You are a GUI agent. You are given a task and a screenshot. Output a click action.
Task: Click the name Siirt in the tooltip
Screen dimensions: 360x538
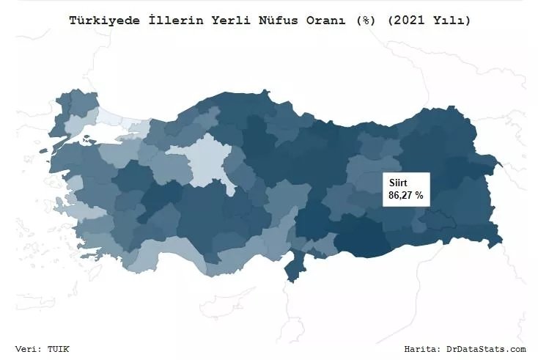point(398,183)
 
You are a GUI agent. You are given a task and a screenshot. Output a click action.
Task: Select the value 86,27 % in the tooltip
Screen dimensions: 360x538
point(405,196)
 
